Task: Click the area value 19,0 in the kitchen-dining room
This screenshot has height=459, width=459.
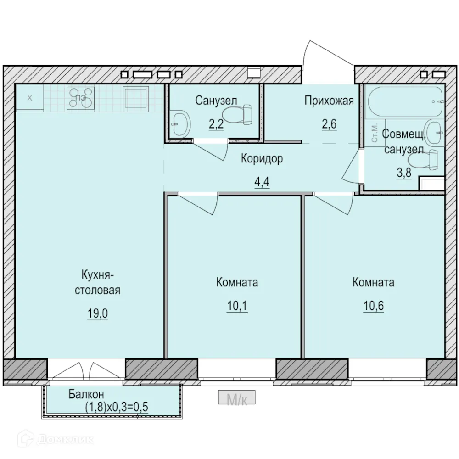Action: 97,313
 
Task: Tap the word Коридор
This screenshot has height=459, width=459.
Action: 262,159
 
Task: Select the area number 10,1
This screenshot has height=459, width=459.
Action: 237,306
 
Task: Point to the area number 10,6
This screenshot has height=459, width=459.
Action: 374,306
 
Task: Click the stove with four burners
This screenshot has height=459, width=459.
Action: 81,98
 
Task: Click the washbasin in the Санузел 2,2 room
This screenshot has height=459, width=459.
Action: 180,123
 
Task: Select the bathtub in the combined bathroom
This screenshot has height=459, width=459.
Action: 405,101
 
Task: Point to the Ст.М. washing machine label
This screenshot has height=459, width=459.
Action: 375,133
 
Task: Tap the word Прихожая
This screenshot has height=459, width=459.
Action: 329,101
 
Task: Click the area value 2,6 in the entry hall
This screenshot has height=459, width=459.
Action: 329,124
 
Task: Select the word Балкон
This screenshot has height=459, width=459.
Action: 86,394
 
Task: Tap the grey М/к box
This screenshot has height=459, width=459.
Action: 237,397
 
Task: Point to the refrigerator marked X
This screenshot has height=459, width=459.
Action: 29,98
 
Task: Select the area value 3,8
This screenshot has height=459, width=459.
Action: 404,173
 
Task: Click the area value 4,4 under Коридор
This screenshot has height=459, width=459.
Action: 262,182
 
